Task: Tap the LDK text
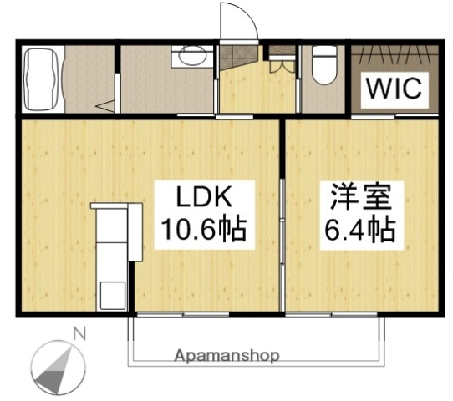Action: (x=204, y=199)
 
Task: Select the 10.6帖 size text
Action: (x=204, y=228)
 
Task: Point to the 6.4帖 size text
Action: (x=359, y=228)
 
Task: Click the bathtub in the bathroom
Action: (x=41, y=79)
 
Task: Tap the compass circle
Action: (x=59, y=365)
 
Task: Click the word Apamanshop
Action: (x=226, y=355)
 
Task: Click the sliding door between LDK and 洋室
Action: (x=283, y=217)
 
